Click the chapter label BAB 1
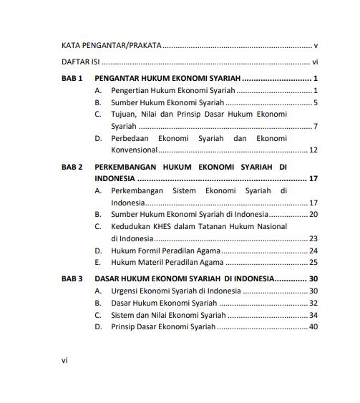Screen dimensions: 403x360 tap(72, 77)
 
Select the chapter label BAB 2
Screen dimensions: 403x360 tap(72, 166)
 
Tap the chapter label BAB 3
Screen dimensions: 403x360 tap(72, 278)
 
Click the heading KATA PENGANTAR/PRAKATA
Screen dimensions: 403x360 tap(111, 44)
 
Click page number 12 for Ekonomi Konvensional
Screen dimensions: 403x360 tap(313, 150)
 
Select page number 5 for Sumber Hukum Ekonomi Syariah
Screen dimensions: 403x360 tap(315, 102)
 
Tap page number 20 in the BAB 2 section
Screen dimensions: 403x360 tap(313, 214)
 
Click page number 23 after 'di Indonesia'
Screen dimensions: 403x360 tap(313, 238)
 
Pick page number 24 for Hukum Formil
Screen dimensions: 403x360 tap(313, 251)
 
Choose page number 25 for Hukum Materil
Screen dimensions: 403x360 tap(313, 263)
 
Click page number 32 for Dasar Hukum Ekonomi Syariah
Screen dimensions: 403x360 tap(313, 304)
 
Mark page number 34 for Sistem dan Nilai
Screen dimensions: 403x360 tap(313, 315)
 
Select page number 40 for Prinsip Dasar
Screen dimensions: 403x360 tap(313, 327)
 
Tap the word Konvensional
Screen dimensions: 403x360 tap(133, 150)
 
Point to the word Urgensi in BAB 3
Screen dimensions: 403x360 tap(125, 291)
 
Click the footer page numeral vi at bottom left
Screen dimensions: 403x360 tap(64, 360)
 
